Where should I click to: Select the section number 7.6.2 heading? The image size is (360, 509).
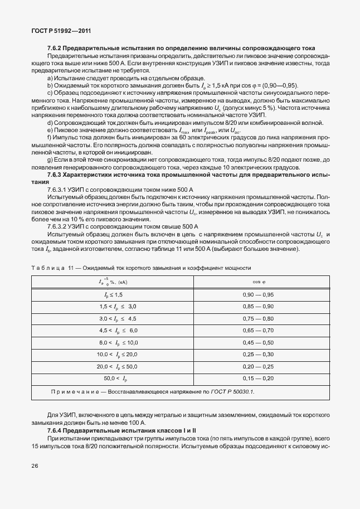click(56, 49)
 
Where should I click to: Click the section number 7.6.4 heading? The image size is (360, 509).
click(56, 432)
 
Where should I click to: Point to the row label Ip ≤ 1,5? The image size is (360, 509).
click(114, 294)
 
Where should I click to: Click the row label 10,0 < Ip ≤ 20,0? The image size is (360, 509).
click(117, 355)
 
